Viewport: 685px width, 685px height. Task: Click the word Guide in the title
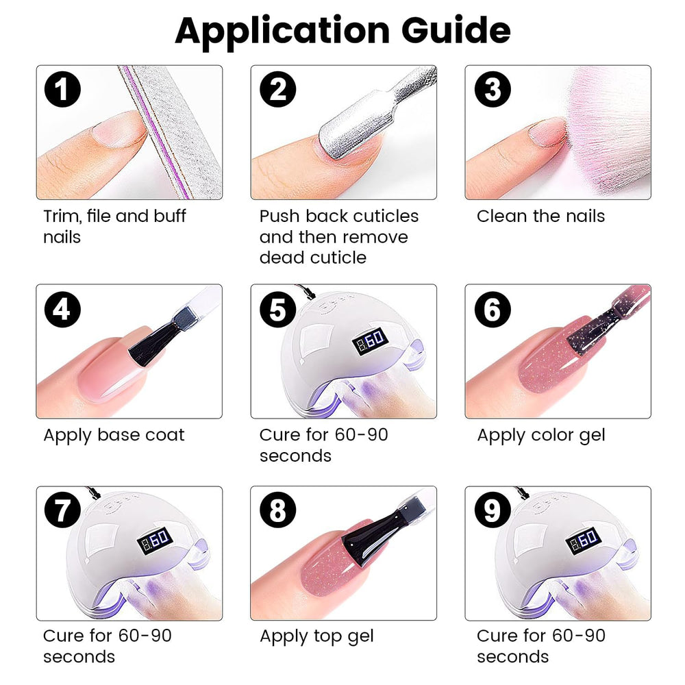(456, 31)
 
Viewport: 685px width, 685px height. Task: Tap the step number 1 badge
(62, 89)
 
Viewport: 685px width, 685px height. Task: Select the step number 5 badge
(277, 310)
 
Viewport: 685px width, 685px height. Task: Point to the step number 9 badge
(493, 510)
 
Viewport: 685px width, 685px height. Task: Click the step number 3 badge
(493, 89)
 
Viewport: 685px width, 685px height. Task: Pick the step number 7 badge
(62, 510)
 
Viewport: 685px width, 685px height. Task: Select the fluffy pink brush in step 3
(607, 131)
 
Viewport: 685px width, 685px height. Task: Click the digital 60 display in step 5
(370, 340)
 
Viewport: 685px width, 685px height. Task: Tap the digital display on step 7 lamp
(155, 541)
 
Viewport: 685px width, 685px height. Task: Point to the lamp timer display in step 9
(584, 541)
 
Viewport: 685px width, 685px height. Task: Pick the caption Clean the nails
(541, 216)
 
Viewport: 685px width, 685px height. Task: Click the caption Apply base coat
(114, 435)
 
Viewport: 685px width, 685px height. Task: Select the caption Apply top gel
(316, 636)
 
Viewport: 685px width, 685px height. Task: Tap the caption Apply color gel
(541, 436)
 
